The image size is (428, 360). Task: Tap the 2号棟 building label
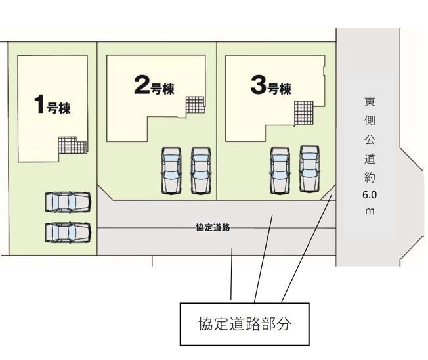point(154,86)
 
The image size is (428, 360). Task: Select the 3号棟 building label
point(270,86)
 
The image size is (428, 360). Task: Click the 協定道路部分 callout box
point(244,323)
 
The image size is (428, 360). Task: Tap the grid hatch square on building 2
point(194,104)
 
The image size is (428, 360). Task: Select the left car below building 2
point(171,170)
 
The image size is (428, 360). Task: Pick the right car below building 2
point(200,170)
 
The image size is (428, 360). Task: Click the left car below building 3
point(280,169)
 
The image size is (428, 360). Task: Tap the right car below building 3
point(309,168)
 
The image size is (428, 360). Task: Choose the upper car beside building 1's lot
point(68,202)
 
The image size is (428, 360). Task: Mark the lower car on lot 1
point(68,232)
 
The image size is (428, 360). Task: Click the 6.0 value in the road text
point(370,195)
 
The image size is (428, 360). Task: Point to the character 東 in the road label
point(370,102)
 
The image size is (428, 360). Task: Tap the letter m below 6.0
point(370,211)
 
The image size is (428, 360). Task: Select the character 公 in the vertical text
point(370,139)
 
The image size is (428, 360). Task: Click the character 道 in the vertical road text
point(370,158)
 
